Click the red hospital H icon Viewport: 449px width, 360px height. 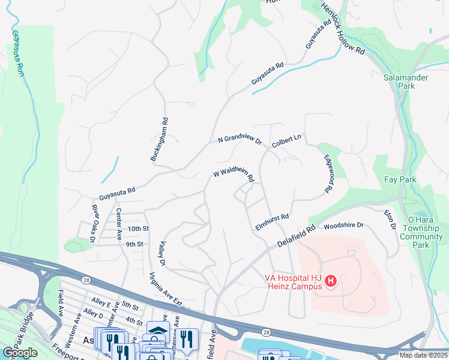(x=330, y=281)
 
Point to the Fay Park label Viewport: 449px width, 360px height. (x=399, y=179)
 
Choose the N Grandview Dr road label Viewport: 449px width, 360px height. (x=240, y=139)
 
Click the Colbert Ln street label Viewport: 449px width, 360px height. (x=286, y=141)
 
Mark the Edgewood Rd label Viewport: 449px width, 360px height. (x=328, y=174)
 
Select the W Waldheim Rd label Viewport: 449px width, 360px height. (x=234, y=175)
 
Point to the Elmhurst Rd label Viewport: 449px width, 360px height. (x=272, y=218)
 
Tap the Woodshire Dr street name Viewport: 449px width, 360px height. (x=343, y=226)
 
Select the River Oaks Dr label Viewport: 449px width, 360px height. (x=94, y=223)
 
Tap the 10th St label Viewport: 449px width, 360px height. (x=137, y=229)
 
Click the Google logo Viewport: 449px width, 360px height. (x=20, y=353)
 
